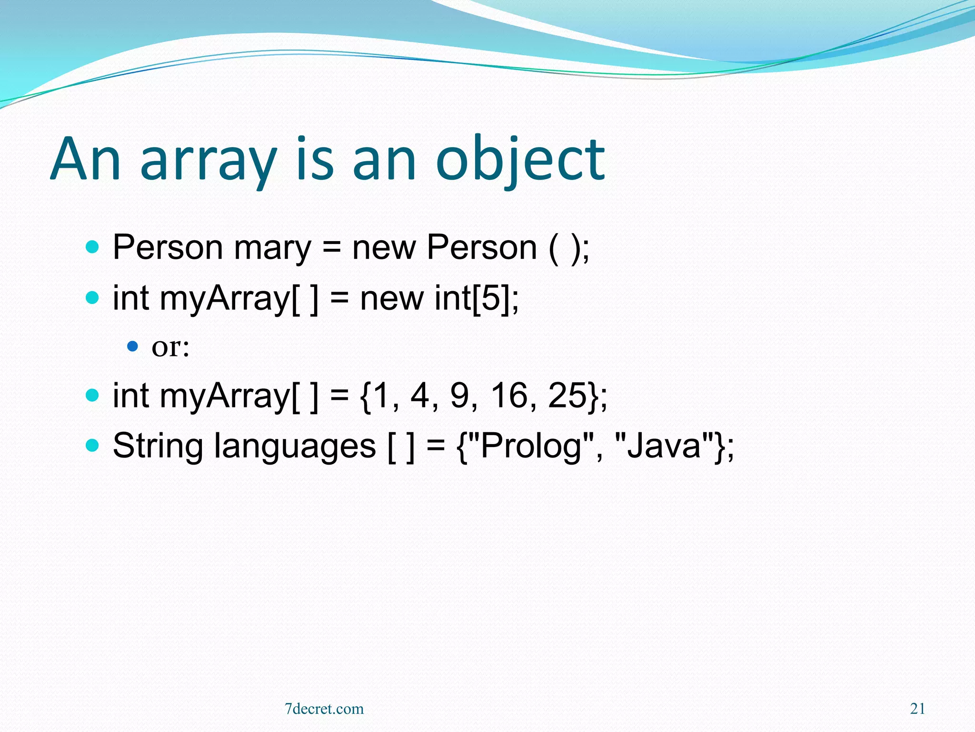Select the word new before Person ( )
tap(384, 248)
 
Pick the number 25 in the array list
tap(567, 396)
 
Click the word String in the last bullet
tap(158, 446)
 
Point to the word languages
tap(295, 446)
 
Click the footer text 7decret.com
tap(324, 709)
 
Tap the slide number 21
tap(917, 709)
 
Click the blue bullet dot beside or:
tap(132, 346)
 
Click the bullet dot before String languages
tap(92, 446)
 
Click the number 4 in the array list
tap(419, 396)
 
